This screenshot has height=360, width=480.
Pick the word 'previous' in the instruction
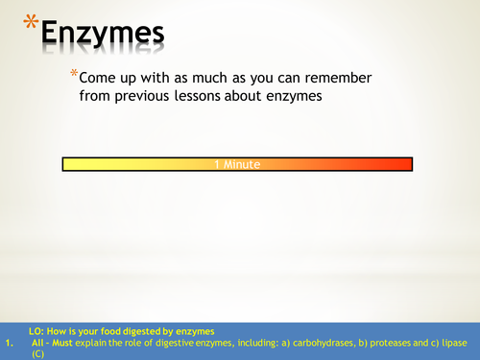(x=167, y=96)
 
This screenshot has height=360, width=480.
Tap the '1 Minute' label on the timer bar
(x=238, y=164)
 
